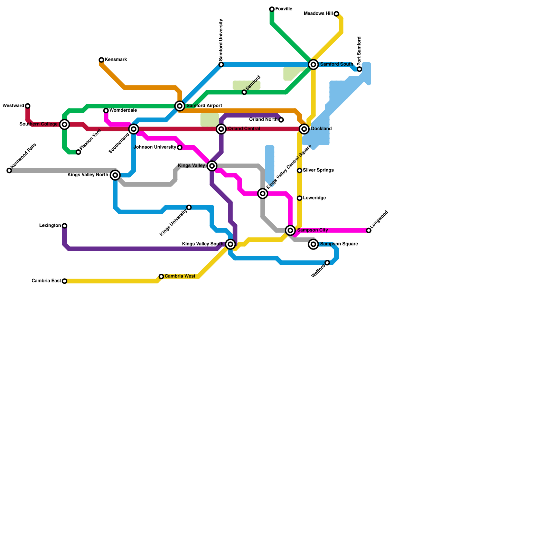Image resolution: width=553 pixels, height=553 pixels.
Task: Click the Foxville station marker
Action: tap(272, 9)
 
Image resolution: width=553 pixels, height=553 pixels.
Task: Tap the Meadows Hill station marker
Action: tap(336, 14)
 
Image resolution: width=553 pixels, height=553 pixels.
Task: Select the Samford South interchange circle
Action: tap(313, 65)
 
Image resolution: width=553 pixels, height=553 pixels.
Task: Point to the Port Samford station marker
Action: tap(359, 69)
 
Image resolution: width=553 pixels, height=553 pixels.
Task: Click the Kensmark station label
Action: tap(116, 60)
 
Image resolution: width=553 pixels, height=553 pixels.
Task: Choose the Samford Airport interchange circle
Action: tap(180, 106)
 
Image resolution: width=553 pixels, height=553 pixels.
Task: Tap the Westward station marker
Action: tap(28, 106)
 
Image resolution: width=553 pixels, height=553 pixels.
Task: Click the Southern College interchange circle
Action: tap(65, 124)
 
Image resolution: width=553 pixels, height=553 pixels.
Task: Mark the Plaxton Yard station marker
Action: tap(78, 152)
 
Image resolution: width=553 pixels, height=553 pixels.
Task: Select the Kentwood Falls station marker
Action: tap(9, 171)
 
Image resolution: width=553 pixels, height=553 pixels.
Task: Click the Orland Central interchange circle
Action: tap(221, 129)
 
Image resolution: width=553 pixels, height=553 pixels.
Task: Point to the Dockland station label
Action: tap(321, 129)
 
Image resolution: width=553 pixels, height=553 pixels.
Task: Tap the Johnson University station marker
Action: tap(180, 148)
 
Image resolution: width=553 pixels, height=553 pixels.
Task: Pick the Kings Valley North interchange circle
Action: tap(115, 175)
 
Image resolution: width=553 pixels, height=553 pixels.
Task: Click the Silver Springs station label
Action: tap(318, 170)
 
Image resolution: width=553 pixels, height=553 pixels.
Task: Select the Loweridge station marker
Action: tap(300, 198)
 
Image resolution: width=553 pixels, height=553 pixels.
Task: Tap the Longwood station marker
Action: tap(369, 231)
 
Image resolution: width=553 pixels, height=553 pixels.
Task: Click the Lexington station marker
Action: tap(65, 226)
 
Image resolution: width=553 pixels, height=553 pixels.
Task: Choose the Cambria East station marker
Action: tap(65, 281)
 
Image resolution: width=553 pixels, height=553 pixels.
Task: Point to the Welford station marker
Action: tap(327, 263)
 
